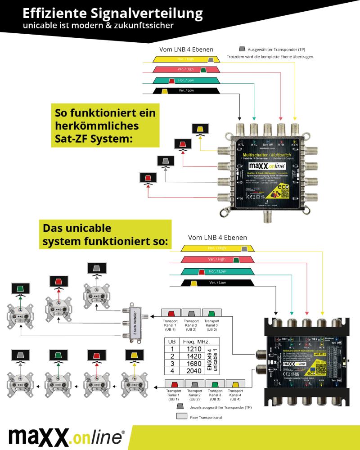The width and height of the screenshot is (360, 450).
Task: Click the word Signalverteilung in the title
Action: (148, 13)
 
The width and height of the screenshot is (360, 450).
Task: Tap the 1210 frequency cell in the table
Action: (194, 348)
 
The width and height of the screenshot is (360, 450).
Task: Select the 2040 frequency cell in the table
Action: (194, 371)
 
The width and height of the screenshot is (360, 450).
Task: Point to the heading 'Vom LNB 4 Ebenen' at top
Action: (186, 49)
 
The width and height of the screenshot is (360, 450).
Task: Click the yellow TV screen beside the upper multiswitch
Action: (200, 129)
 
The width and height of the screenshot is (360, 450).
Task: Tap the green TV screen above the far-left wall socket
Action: (20, 288)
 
